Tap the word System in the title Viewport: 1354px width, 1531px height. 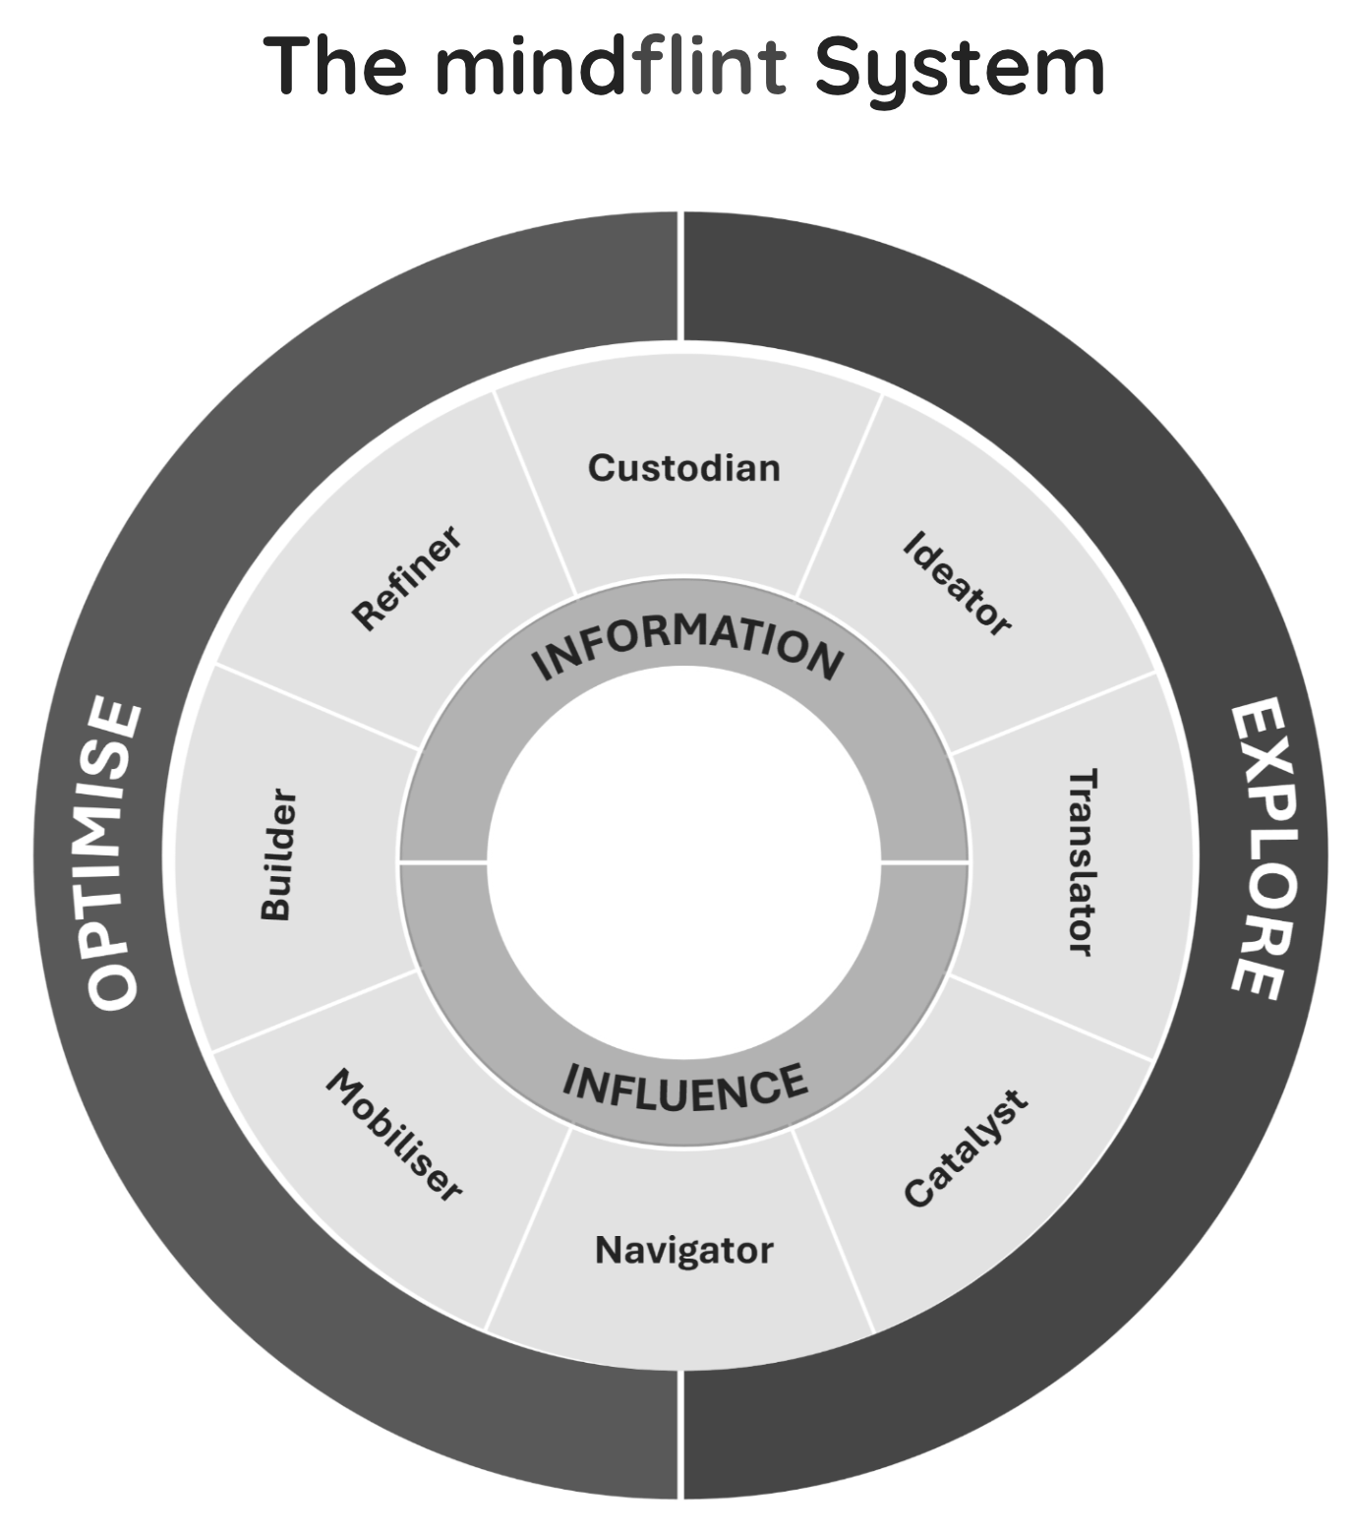(x=959, y=67)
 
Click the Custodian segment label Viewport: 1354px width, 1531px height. (x=683, y=468)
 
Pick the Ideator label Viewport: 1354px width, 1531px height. (x=957, y=584)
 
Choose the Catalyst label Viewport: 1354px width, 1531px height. (x=965, y=1148)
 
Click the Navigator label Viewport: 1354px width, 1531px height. (x=683, y=1251)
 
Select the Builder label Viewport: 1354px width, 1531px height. (x=277, y=854)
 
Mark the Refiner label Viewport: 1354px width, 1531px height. (x=406, y=578)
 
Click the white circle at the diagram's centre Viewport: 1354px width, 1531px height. (x=684, y=862)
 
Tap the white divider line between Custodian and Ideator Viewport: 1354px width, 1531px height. (x=839, y=497)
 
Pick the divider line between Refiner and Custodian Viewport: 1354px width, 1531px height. (x=534, y=492)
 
